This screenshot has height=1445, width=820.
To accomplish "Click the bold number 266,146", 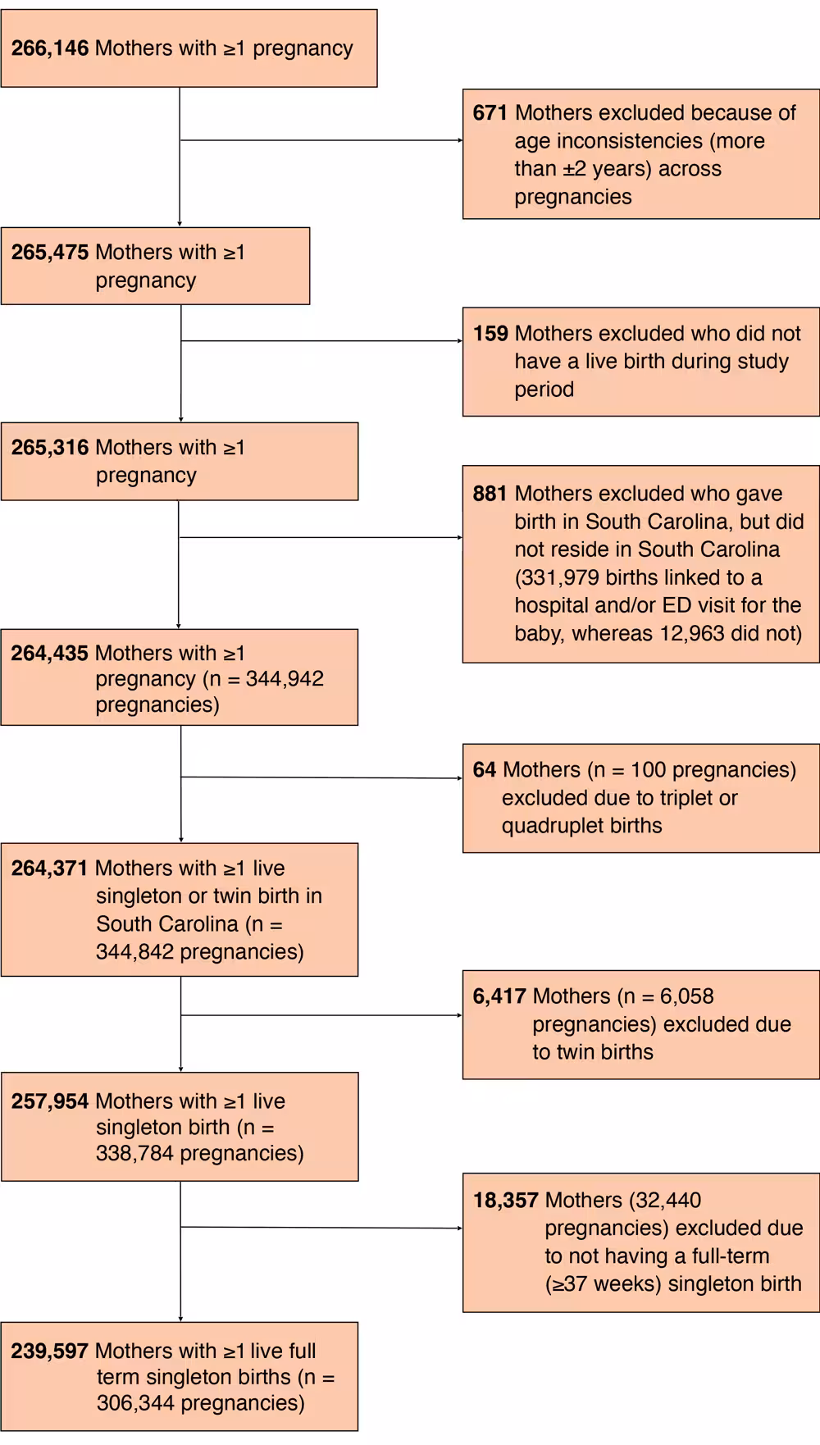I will pyautogui.click(x=49, y=48).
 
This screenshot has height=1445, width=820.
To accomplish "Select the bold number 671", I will pyautogui.click(x=490, y=113).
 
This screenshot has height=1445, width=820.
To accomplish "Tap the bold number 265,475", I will pyautogui.click(x=49, y=253).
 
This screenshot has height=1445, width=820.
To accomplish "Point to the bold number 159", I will pyautogui.click(x=490, y=334).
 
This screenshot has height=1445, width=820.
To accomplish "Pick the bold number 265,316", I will pyautogui.click(x=49, y=448).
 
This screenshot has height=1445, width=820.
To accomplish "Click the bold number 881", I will pyautogui.click(x=490, y=494).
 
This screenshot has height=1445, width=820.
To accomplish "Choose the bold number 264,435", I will pyautogui.click(x=49, y=654).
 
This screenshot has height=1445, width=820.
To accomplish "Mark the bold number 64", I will pyautogui.click(x=485, y=770).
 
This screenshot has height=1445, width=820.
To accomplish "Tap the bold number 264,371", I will pyautogui.click(x=49, y=868).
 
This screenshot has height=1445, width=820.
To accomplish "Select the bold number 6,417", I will pyautogui.click(x=499, y=996).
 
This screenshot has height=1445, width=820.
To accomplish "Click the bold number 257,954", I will pyautogui.click(x=49, y=1101).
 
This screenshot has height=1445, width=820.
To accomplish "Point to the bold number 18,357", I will pyautogui.click(x=505, y=1201).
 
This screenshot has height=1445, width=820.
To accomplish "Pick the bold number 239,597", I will pyautogui.click(x=49, y=1351).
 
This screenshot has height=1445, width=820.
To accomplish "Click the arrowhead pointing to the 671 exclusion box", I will pyautogui.click(x=460, y=140).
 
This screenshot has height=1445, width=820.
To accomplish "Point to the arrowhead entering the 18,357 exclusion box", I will pyautogui.click(x=460, y=1228).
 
